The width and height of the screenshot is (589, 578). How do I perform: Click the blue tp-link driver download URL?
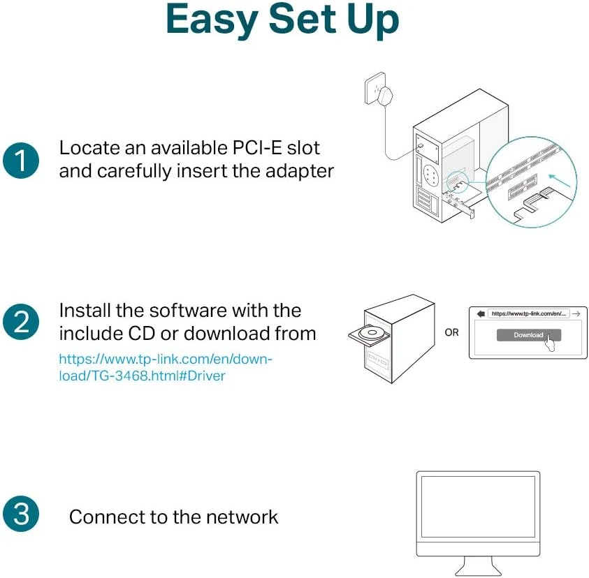click(x=166, y=367)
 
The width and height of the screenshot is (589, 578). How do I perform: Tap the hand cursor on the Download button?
click(x=551, y=343)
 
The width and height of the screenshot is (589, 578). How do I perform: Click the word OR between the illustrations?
click(x=452, y=332)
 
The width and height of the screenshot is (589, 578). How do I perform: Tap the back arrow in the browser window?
click(x=480, y=314)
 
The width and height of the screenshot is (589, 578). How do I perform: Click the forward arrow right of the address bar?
click(x=575, y=314)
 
